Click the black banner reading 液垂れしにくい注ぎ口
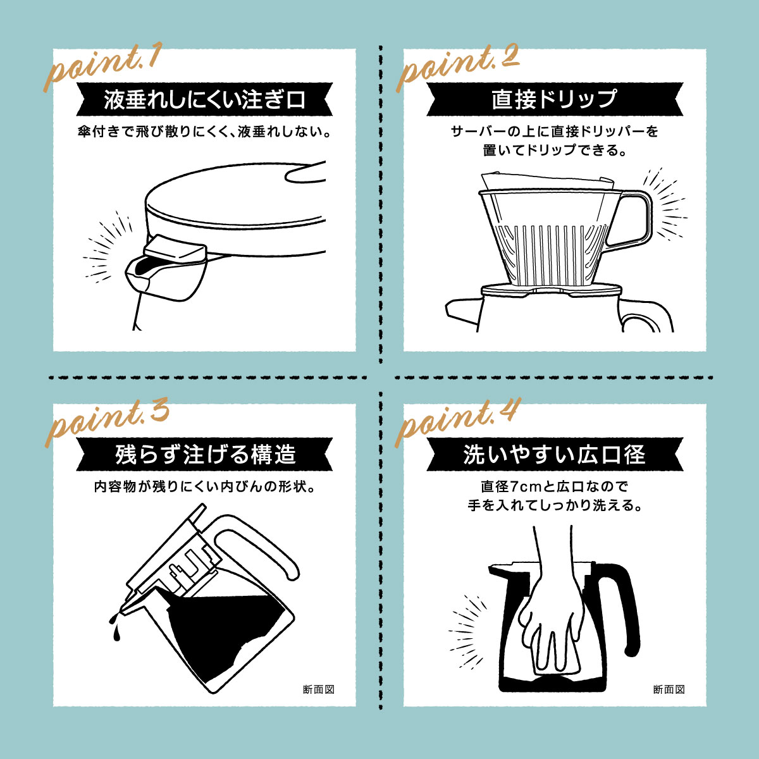204,99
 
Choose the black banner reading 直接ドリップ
555,99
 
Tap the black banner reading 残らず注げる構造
204,454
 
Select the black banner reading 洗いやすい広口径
555,454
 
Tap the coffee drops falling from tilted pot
114,623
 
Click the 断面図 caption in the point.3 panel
318,689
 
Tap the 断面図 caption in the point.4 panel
669,689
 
